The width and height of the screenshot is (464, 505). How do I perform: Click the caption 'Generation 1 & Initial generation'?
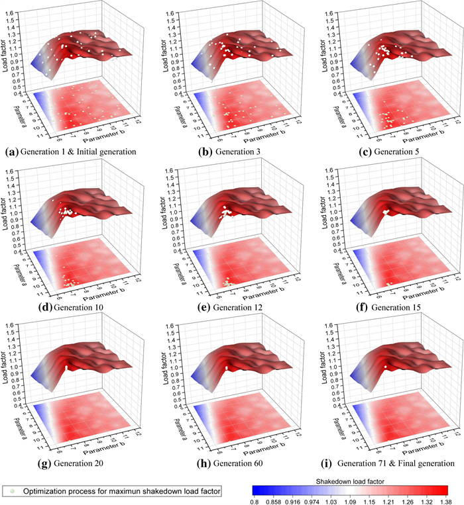(78, 152)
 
